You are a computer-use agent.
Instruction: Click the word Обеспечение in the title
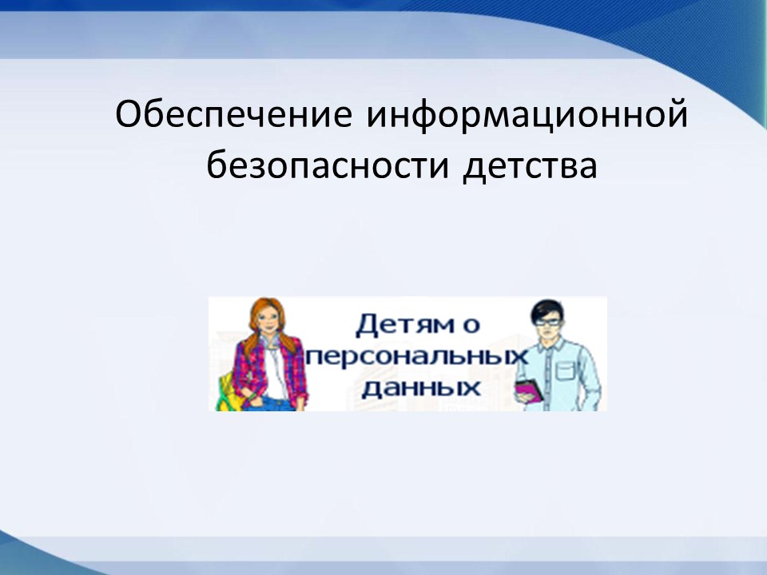coord(234,115)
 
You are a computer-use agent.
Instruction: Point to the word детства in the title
coord(530,166)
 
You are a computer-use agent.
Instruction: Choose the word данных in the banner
coord(421,388)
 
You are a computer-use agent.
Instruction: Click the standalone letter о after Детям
coord(471,327)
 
